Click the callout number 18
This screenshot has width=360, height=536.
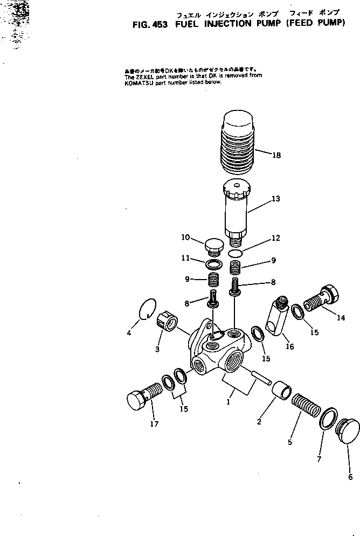pyautogui.click(x=276, y=155)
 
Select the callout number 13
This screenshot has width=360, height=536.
pyautogui.click(x=275, y=199)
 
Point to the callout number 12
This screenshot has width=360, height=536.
pyautogui.click(x=275, y=238)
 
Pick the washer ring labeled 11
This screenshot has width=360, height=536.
pyautogui.click(x=214, y=264)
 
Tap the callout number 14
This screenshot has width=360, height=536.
pyautogui.click(x=341, y=318)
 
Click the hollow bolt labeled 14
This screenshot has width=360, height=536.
pyautogui.click(x=322, y=300)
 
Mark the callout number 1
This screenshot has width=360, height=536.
pyautogui.click(x=229, y=401)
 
